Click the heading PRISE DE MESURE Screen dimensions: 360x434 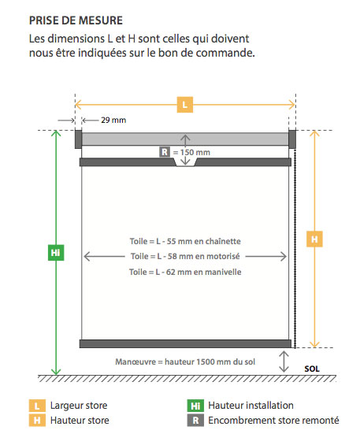pyautogui.click(x=76, y=20)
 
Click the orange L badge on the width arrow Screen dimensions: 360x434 pyautogui.click(x=185, y=105)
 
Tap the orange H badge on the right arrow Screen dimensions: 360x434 pyautogui.click(x=314, y=239)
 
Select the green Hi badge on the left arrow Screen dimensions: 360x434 pyautogui.click(x=56, y=252)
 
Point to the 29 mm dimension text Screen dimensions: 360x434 pyautogui.click(x=113, y=121)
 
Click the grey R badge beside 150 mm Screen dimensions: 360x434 pyautogui.click(x=165, y=152)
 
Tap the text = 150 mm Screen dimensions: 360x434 pyautogui.click(x=191, y=152)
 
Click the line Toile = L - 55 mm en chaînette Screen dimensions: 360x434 pyautogui.click(x=185, y=241)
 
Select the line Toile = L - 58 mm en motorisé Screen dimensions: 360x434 pyautogui.click(x=185, y=256)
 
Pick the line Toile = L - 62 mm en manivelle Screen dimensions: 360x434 pyautogui.click(x=185, y=272)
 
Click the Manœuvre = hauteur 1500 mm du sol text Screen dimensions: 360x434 pyautogui.click(x=185, y=362)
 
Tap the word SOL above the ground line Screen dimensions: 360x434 pyautogui.click(x=312, y=369)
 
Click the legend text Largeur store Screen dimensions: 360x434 pyautogui.click(x=79, y=406)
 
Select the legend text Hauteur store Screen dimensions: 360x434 pyautogui.click(x=80, y=421)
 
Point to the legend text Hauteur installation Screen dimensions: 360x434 pyautogui.click(x=251, y=406)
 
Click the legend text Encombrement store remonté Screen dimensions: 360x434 pyautogui.click(x=273, y=421)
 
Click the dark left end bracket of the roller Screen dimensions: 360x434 pyautogui.click(x=78, y=139)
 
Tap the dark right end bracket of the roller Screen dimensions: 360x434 pyautogui.click(x=292, y=139)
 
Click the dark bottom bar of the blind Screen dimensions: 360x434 pyautogui.click(x=185, y=343)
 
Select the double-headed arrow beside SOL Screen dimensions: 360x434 pyautogui.click(x=284, y=362)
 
